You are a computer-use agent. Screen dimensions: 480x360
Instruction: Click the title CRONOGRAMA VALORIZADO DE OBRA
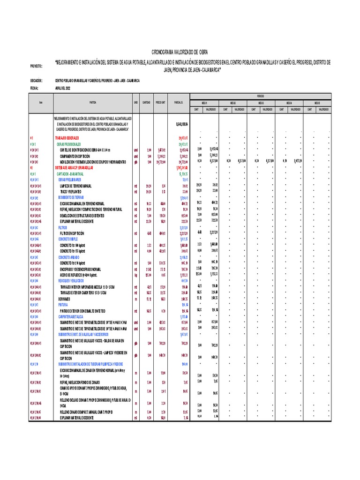[180, 52]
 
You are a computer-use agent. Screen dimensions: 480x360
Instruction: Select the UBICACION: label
[36, 81]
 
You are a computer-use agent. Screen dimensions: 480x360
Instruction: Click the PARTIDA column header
[93, 102]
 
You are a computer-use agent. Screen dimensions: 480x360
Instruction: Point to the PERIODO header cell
[260, 95]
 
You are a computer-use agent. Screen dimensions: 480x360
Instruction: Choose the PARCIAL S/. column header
[178, 102]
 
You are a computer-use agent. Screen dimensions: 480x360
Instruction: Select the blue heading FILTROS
[63, 227]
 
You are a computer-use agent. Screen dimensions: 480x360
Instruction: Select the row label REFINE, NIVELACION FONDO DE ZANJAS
[85, 382]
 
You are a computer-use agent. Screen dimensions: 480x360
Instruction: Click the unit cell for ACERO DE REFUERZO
[135, 275]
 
